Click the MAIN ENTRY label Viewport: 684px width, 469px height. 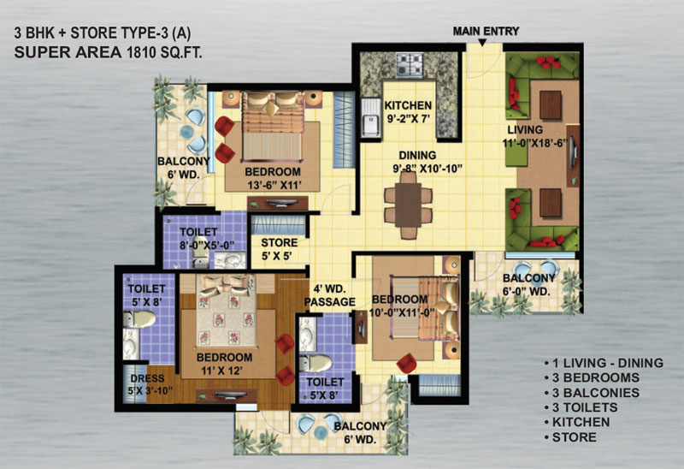[486, 32]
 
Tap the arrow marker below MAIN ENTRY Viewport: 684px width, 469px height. [482, 42]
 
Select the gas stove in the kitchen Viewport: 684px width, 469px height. [410, 65]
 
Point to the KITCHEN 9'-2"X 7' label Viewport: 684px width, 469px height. [408, 112]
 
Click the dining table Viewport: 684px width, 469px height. [409, 205]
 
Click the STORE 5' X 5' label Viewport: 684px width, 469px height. [280, 249]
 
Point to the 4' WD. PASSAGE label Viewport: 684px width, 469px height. [330, 295]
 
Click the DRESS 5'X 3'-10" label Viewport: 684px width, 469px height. [147, 384]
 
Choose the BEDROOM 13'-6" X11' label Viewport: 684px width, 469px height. [273, 178]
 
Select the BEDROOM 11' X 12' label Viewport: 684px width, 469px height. [224, 364]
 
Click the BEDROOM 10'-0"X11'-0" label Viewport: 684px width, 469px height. [401, 306]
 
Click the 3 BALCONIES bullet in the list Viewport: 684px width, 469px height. [592, 393]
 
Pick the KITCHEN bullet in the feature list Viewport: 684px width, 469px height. [577, 422]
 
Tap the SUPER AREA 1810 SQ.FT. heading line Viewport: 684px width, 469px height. [109, 52]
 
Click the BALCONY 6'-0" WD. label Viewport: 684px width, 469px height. [528, 284]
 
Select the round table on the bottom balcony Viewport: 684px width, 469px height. [321, 432]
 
